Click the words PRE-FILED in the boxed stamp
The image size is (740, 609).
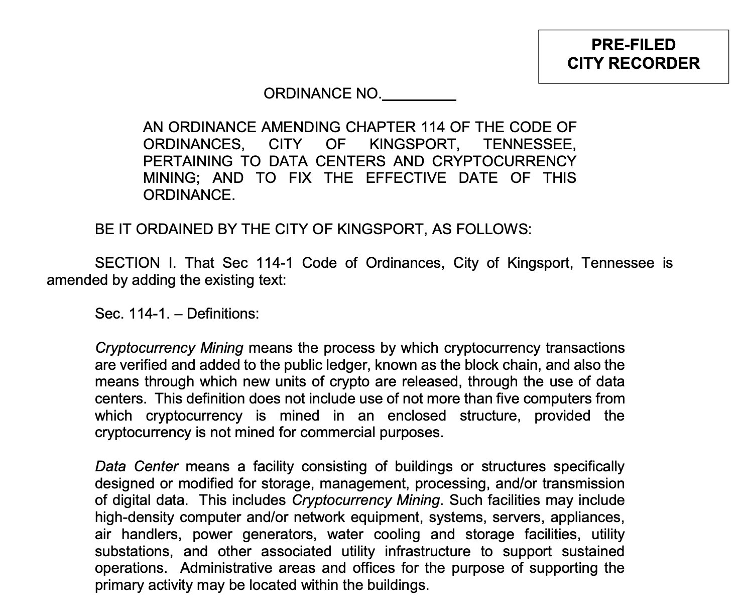click(633, 45)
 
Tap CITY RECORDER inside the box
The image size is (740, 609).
click(633, 63)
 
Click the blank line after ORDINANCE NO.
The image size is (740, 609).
click(419, 97)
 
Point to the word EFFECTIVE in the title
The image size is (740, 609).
click(405, 178)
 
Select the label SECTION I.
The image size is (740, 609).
click(135, 263)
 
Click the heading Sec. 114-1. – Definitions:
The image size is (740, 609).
click(177, 314)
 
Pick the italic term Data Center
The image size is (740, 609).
click(136, 466)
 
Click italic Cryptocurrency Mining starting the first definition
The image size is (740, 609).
click(169, 348)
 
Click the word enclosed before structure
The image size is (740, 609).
click(417, 416)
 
